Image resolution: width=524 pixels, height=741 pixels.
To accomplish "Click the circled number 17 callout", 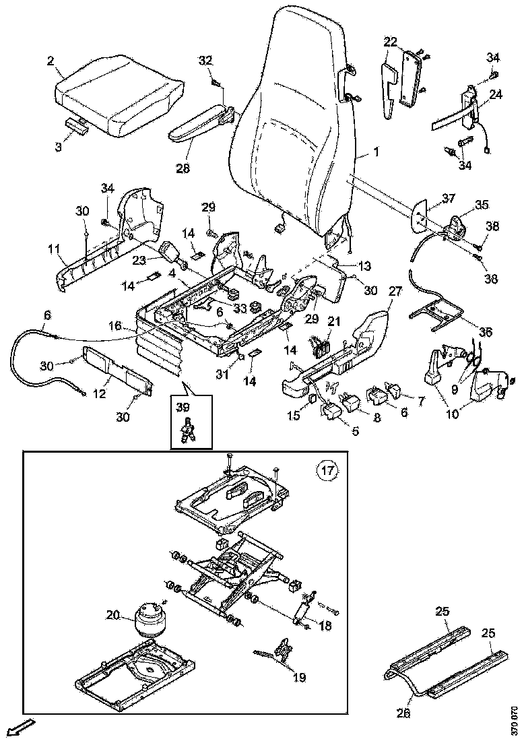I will coord(327,469).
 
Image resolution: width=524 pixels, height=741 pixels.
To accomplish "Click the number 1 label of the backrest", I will coord(375,153).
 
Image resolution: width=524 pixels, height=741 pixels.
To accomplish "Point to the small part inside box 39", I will coord(189,430).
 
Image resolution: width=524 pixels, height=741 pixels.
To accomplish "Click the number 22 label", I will coord(391,42).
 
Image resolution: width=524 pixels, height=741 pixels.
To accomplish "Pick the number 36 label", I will coord(486,332).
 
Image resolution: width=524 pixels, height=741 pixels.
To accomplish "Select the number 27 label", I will coord(395,292).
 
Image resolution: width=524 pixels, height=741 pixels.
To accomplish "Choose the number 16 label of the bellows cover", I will coord(116,325).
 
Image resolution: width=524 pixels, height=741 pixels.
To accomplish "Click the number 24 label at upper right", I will coord(495,94).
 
